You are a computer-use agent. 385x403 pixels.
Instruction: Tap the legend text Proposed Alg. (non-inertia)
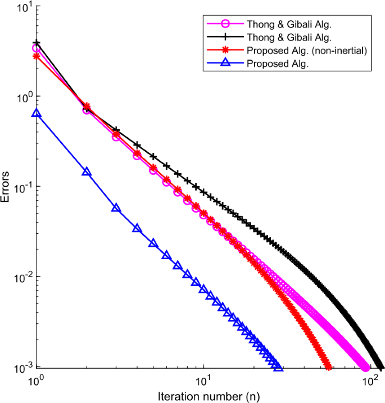click(306, 51)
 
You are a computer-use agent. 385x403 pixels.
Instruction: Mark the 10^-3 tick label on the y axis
click(23, 368)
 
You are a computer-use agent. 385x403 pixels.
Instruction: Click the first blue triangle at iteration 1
click(37, 113)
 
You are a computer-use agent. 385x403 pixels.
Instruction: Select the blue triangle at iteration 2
click(86, 171)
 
